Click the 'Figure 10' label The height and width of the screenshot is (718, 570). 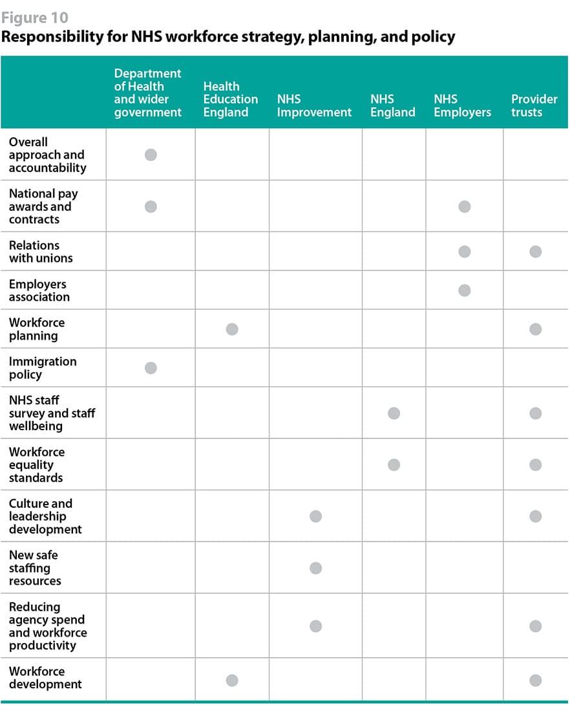[x=34, y=17]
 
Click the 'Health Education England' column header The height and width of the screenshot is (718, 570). [x=230, y=99]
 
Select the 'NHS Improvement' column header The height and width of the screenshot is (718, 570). [x=314, y=105]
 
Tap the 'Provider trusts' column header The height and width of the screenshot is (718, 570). [x=534, y=105]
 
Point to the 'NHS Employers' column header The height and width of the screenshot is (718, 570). [x=462, y=105]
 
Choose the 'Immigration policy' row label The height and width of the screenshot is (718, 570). [x=42, y=368]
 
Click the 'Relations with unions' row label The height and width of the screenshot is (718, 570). [x=40, y=252]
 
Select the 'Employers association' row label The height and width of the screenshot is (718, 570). [x=39, y=290]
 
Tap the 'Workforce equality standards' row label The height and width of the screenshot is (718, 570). [x=36, y=464]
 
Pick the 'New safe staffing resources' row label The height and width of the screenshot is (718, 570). [x=35, y=568]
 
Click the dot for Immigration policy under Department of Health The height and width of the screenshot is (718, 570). [x=151, y=368]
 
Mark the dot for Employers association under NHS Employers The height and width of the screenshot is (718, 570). [x=464, y=290]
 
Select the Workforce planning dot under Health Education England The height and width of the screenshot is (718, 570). [x=232, y=329]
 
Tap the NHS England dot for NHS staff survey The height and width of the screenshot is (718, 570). [x=394, y=413]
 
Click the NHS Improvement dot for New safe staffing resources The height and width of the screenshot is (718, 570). [x=315, y=568]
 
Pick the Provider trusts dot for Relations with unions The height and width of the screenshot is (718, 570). [x=535, y=252]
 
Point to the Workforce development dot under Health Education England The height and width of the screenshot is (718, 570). [x=232, y=680]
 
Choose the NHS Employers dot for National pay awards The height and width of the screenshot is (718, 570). [x=464, y=206]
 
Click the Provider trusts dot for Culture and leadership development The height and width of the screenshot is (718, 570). [x=535, y=516]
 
